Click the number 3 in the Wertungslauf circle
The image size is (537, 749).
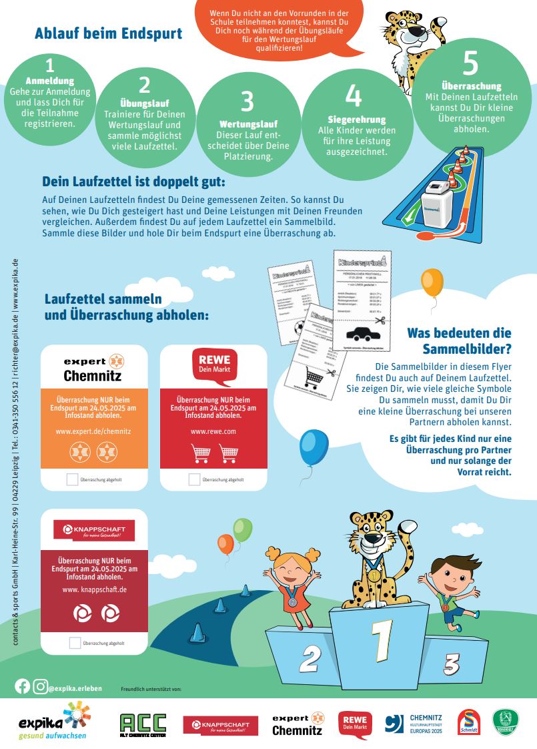[x=247, y=101]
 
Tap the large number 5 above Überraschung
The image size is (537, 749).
[x=470, y=63]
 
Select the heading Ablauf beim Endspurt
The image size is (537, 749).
[x=108, y=33]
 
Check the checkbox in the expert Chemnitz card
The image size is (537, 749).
[x=72, y=479]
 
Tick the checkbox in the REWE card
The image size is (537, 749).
[x=194, y=479]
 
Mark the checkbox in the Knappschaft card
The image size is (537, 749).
[x=75, y=643]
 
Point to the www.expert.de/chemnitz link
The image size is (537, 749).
[x=93, y=432]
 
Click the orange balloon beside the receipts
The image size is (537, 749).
[x=432, y=282]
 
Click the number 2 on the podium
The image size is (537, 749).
[x=308, y=659]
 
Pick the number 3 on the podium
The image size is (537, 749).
[x=452, y=664]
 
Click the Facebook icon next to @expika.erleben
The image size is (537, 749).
[x=23, y=686]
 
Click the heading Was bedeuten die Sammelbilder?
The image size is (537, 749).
[x=459, y=340]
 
